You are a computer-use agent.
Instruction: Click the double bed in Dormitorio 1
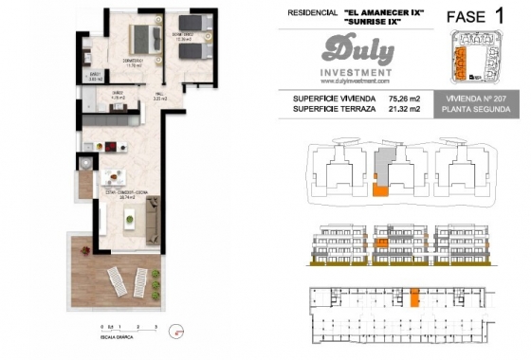(x=145, y=37)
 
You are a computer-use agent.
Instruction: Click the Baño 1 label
(x=96, y=77)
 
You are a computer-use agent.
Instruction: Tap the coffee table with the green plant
(x=127, y=220)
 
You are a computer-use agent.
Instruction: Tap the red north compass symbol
(x=174, y=331)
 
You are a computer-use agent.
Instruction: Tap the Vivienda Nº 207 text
(x=476, y=98)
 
